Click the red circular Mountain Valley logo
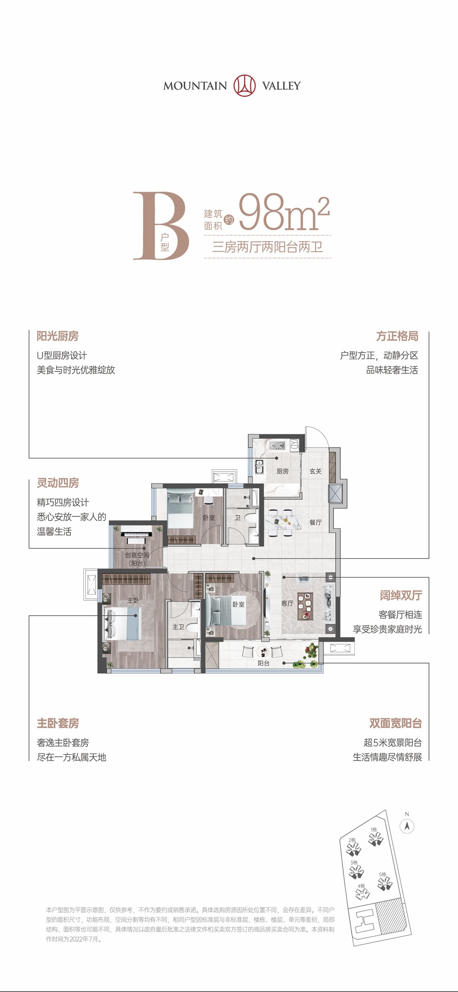click(244, 86)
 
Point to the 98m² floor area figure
click(283, 212)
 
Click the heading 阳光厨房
click(57, 336)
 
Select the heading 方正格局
click(397, 336)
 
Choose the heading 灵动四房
click(58, 483)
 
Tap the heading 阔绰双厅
click(401, 595)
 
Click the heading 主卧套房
click(58, 723)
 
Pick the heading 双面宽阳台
click(395, 723)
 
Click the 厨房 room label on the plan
click(283, 471)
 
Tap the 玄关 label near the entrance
click(316, 471)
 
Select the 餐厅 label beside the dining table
click(316, 522)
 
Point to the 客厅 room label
click(287, 603)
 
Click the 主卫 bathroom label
click(178, 627)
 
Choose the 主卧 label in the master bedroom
click(133, 600)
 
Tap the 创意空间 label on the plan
click(137, 555)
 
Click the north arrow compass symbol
click(407, 826)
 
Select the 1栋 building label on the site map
click(374, 830)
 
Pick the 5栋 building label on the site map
click(382, 874)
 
